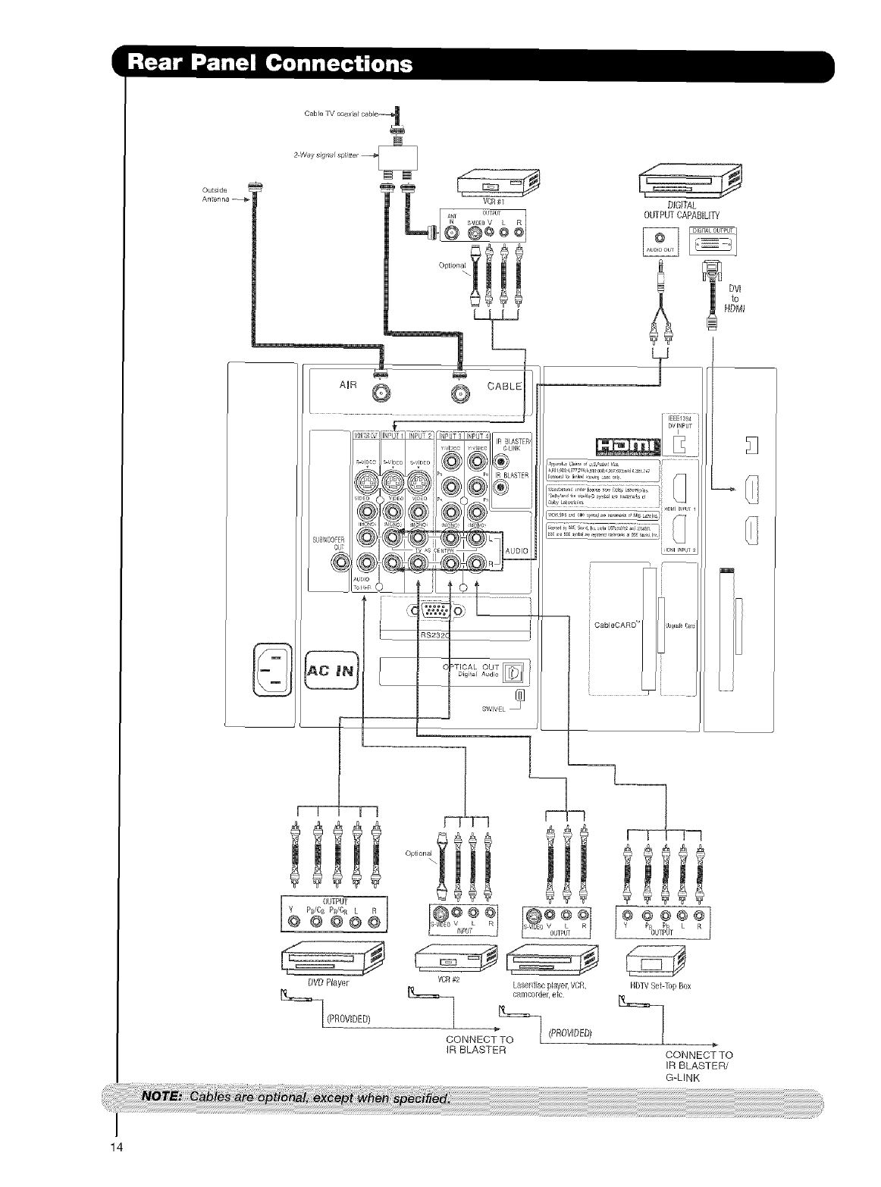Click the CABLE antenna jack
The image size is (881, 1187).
pyautogui.click(x=460, y=393)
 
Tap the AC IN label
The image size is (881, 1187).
pyautogui.click(x=331, y=669)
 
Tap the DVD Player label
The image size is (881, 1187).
pyautogui.click(x=332, y=983)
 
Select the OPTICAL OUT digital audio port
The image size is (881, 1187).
pyautogui.click(x=514, y=672)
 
